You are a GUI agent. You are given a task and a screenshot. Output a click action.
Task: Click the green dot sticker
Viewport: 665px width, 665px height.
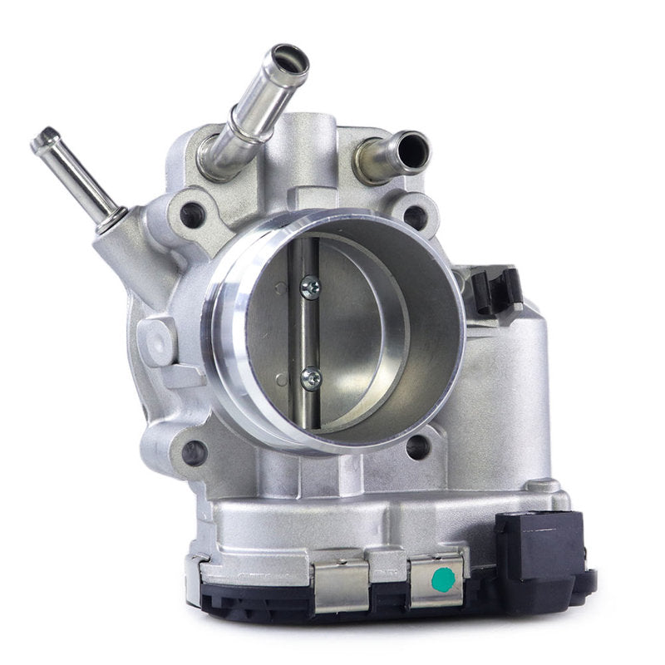click(x=444, y=579)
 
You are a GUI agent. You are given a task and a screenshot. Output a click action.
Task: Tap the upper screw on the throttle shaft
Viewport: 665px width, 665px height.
click(x=310, y=287)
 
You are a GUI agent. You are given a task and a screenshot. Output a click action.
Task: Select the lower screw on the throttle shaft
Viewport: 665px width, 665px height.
click(x=311, y=378)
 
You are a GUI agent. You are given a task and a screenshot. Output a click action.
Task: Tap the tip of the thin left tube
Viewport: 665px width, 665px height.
click(x=44, y=139)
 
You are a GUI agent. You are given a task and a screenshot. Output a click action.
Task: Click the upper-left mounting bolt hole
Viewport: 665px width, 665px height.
click(x=192, y=215)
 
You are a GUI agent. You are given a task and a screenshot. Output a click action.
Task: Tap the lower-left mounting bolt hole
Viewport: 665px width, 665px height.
click(x=194, y=452)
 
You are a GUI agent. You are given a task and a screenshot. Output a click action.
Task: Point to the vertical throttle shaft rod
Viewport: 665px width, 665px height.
click(x=309, y=332)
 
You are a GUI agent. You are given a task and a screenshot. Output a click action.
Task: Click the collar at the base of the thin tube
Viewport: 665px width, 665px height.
click(x=111, y=220)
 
